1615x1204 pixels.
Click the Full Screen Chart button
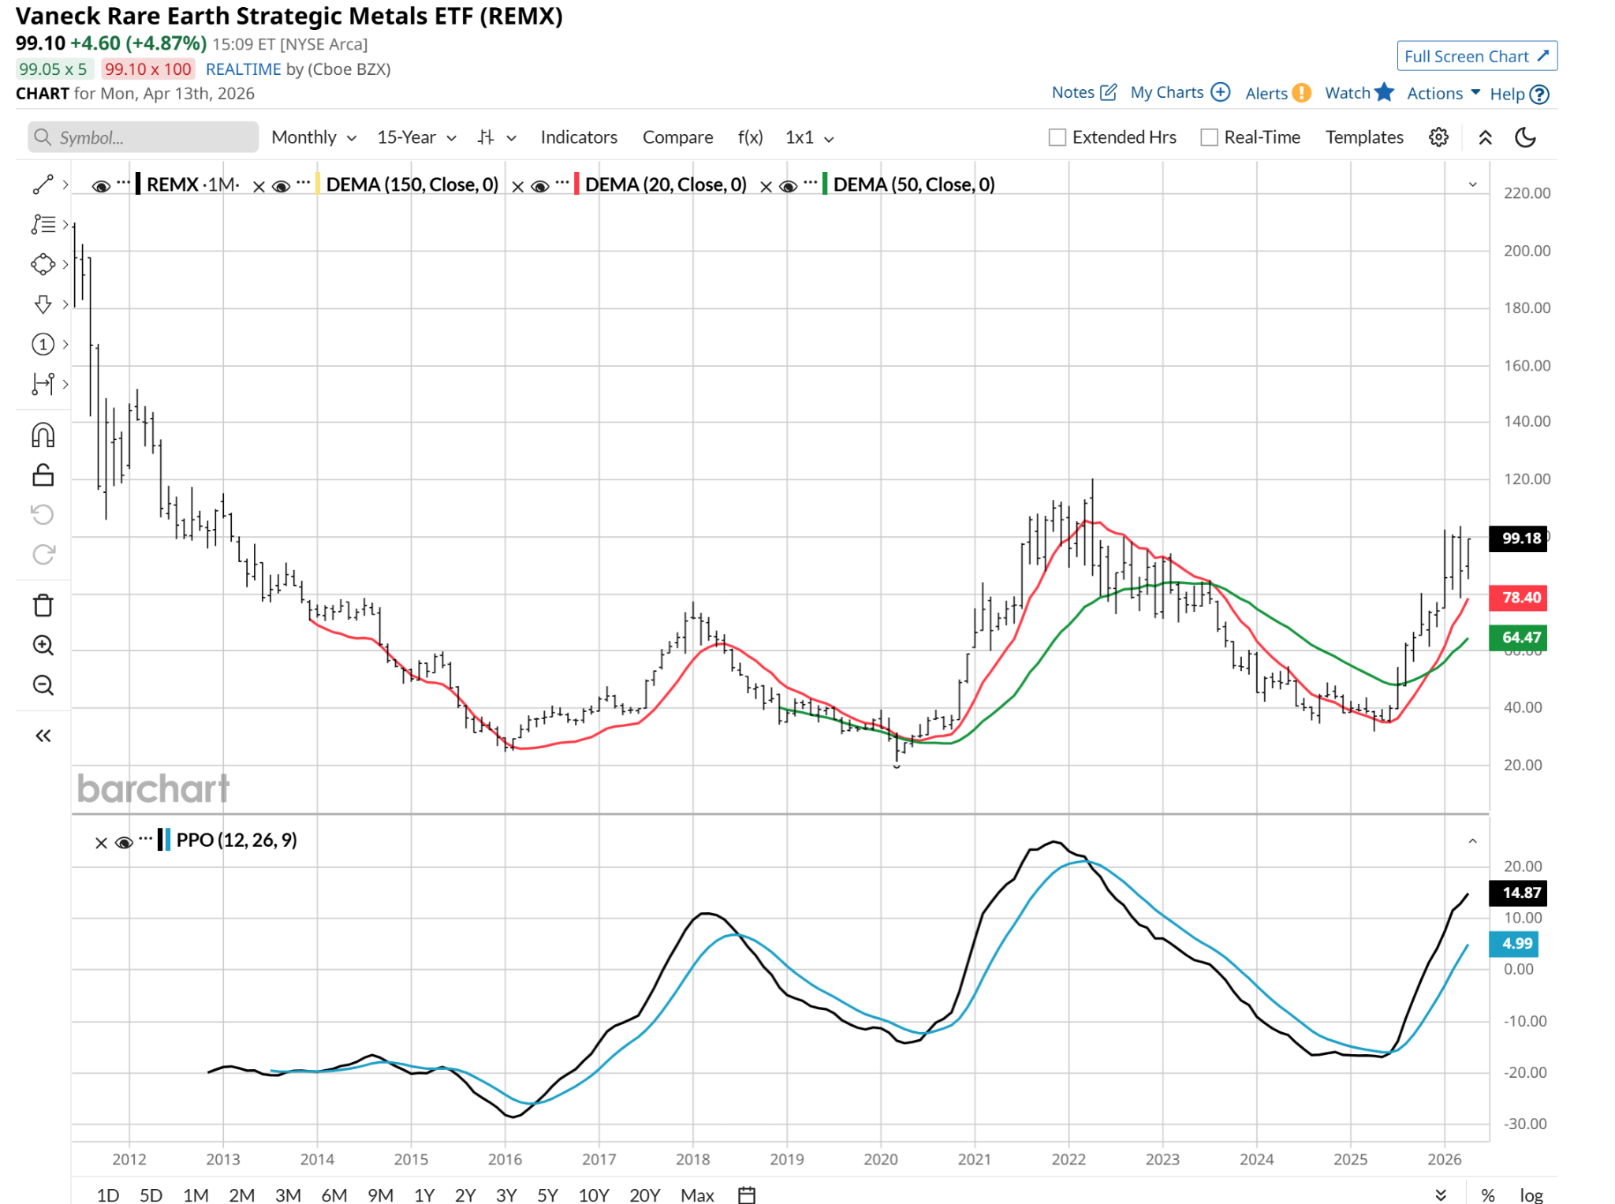(1475, 56)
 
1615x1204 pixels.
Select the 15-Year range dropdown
(416, 137)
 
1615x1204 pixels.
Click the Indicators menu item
(578, 137)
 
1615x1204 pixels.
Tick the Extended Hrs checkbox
(1057, 137)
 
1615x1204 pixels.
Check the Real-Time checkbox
(1209, 137)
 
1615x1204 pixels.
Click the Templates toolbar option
(1363, 137)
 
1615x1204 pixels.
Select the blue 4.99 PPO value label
(1513, 943)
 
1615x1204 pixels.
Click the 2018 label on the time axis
(692, 1159)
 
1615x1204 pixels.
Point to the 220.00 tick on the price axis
(1526, 193)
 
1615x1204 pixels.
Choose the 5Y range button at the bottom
(546, 1195)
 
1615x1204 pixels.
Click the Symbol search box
(144, 137)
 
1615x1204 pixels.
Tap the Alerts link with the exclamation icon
(1277, 93)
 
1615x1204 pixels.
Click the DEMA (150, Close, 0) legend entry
(412, 185)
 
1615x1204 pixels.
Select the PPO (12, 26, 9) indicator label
(236, 840)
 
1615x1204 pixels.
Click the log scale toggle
(1531, 1195)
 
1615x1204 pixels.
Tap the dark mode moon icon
(1525, 137)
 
